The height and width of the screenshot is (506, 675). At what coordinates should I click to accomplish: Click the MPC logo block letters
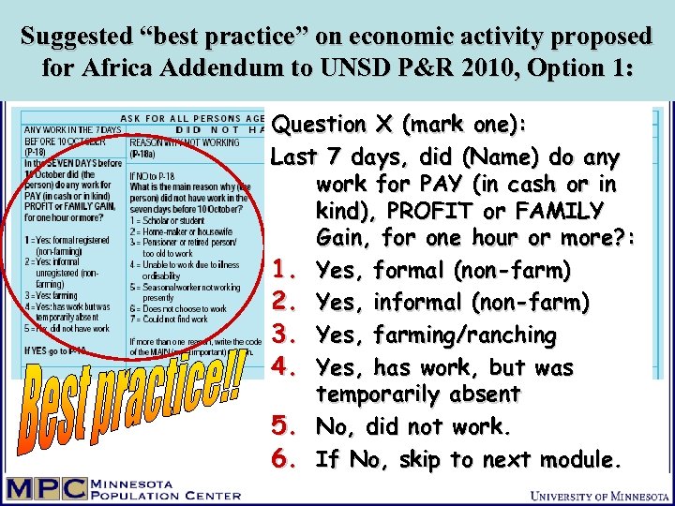pyautogui.click(x=46, y=489)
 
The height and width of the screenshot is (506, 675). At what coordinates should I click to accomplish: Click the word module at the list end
pyautogui.click(x=579, y=459)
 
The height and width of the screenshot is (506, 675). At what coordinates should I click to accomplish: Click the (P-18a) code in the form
pyautogui.click(x=143, y=153)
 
